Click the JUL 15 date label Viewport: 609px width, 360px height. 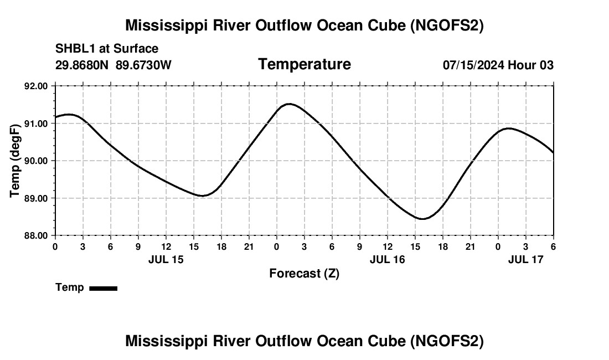pyautogui.click(x=166, y=259)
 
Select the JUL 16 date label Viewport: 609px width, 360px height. pyautogui.click(x=387, y=259)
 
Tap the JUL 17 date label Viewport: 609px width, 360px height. pyautogui.click(x=525, y=259)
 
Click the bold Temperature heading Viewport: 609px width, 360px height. pyautogui.click(x=304, y=64)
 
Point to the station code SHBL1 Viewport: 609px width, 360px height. pyautogui.click(x=75, y=49)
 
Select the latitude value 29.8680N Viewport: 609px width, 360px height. pyautogui.click(x=83, y=65)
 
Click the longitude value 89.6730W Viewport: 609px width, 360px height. pyautogui.click(x=143, y=65)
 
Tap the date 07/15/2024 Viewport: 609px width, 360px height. pyautogui.click(x=473, y=65)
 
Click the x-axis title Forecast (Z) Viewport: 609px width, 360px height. pyautogui.click(x=304, y=273)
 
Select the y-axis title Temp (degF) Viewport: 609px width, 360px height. pyautogui.click(x=16, y=160)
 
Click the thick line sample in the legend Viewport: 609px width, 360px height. pyautogui.click(x=103, y=288)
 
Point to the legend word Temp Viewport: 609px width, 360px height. pyautogui.click(x=70, y=287)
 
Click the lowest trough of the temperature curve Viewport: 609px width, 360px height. pyautogui.click(x=422, y=219)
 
